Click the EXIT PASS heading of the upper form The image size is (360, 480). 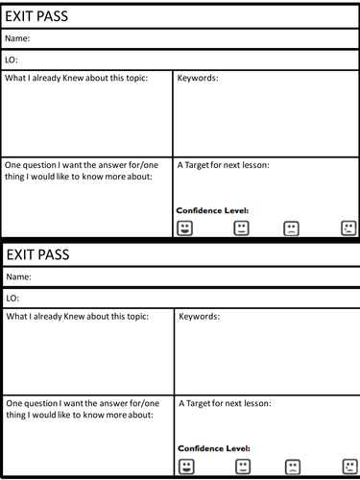point(40,16)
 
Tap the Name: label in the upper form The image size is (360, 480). point(17,38)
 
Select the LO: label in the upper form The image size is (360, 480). point(12,60)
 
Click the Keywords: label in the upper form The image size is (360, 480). point(198,78)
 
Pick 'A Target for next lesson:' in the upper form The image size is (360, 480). point(224,165)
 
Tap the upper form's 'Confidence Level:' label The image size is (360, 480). point(212,210)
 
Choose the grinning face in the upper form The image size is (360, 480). point(185,228)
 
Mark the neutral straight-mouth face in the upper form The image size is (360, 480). point(240,228)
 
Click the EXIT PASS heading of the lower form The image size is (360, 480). point(40,255)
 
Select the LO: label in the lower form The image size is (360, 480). point(13,298)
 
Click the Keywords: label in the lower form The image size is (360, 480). point(200,316)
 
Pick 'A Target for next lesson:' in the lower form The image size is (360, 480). point(225,403)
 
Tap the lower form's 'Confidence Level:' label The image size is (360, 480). point(213,448)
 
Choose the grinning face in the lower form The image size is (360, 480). point(186,467)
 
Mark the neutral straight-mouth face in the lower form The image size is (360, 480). point(242,467)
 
